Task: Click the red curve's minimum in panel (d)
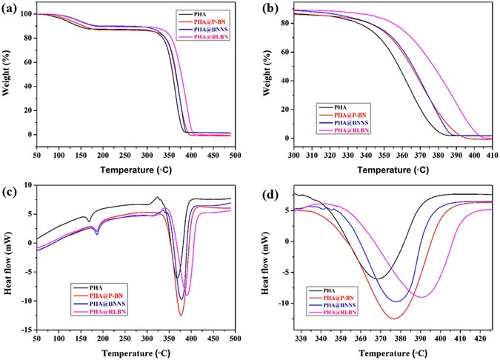pos(395,319)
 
